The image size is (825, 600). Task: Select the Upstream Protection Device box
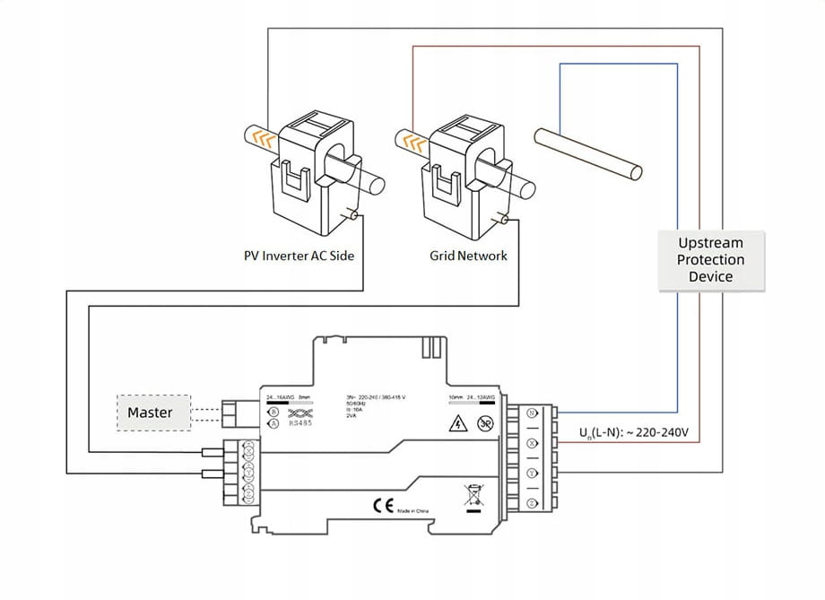(x=711, y=260)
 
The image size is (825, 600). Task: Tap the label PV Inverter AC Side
(x=300, y=256)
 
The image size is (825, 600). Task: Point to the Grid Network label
(x=468, y=256)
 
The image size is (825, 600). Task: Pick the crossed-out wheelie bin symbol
(x=473, y=495)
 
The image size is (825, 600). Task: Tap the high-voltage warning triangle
(x=456, y=426)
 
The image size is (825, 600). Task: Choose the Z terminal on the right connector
(x=531, y=503)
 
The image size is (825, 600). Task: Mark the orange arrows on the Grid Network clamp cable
(x=413, y=141)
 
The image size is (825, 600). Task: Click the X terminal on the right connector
(x=531, y=444)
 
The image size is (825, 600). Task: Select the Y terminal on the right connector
(x=531, y=474)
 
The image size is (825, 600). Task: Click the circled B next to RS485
(x=273, y=412)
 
